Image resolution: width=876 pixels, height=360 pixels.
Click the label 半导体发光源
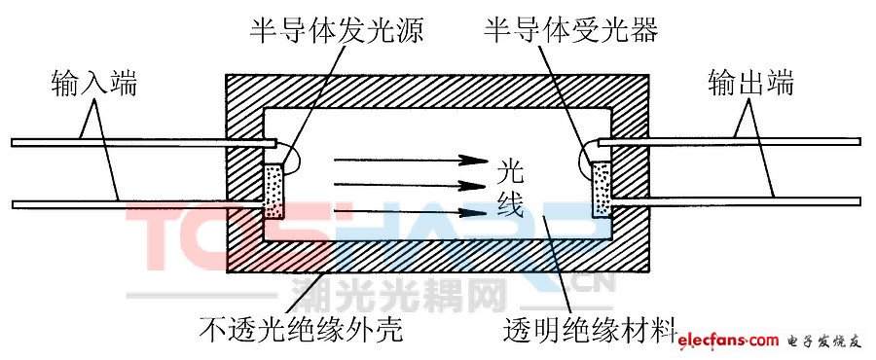(337, 32)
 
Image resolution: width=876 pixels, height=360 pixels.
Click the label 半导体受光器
(571, 32)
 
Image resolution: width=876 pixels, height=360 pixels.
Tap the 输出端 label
(750, 84)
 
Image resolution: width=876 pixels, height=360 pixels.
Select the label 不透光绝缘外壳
(301, 330)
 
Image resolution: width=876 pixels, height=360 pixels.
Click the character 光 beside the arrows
(510, 173)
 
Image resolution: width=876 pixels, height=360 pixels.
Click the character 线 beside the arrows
(510, 206)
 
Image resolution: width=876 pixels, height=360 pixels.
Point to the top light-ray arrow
(411, 161)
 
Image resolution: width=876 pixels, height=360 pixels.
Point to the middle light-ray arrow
(411, 185)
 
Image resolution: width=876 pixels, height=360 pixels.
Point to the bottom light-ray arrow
(411, 212)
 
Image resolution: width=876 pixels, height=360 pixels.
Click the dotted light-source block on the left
(274, 191)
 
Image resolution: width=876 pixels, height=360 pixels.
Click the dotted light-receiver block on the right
(602, 189)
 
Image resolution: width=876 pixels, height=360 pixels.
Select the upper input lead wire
(144, 143)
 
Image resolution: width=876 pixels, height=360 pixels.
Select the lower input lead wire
(137, 205)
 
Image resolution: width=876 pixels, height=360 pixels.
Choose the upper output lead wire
(730, 142)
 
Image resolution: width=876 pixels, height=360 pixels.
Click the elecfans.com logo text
(728, 340)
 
